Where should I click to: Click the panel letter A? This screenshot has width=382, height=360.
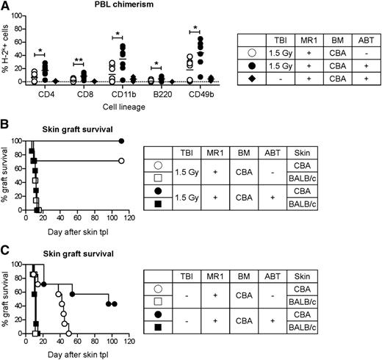(6, 7)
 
